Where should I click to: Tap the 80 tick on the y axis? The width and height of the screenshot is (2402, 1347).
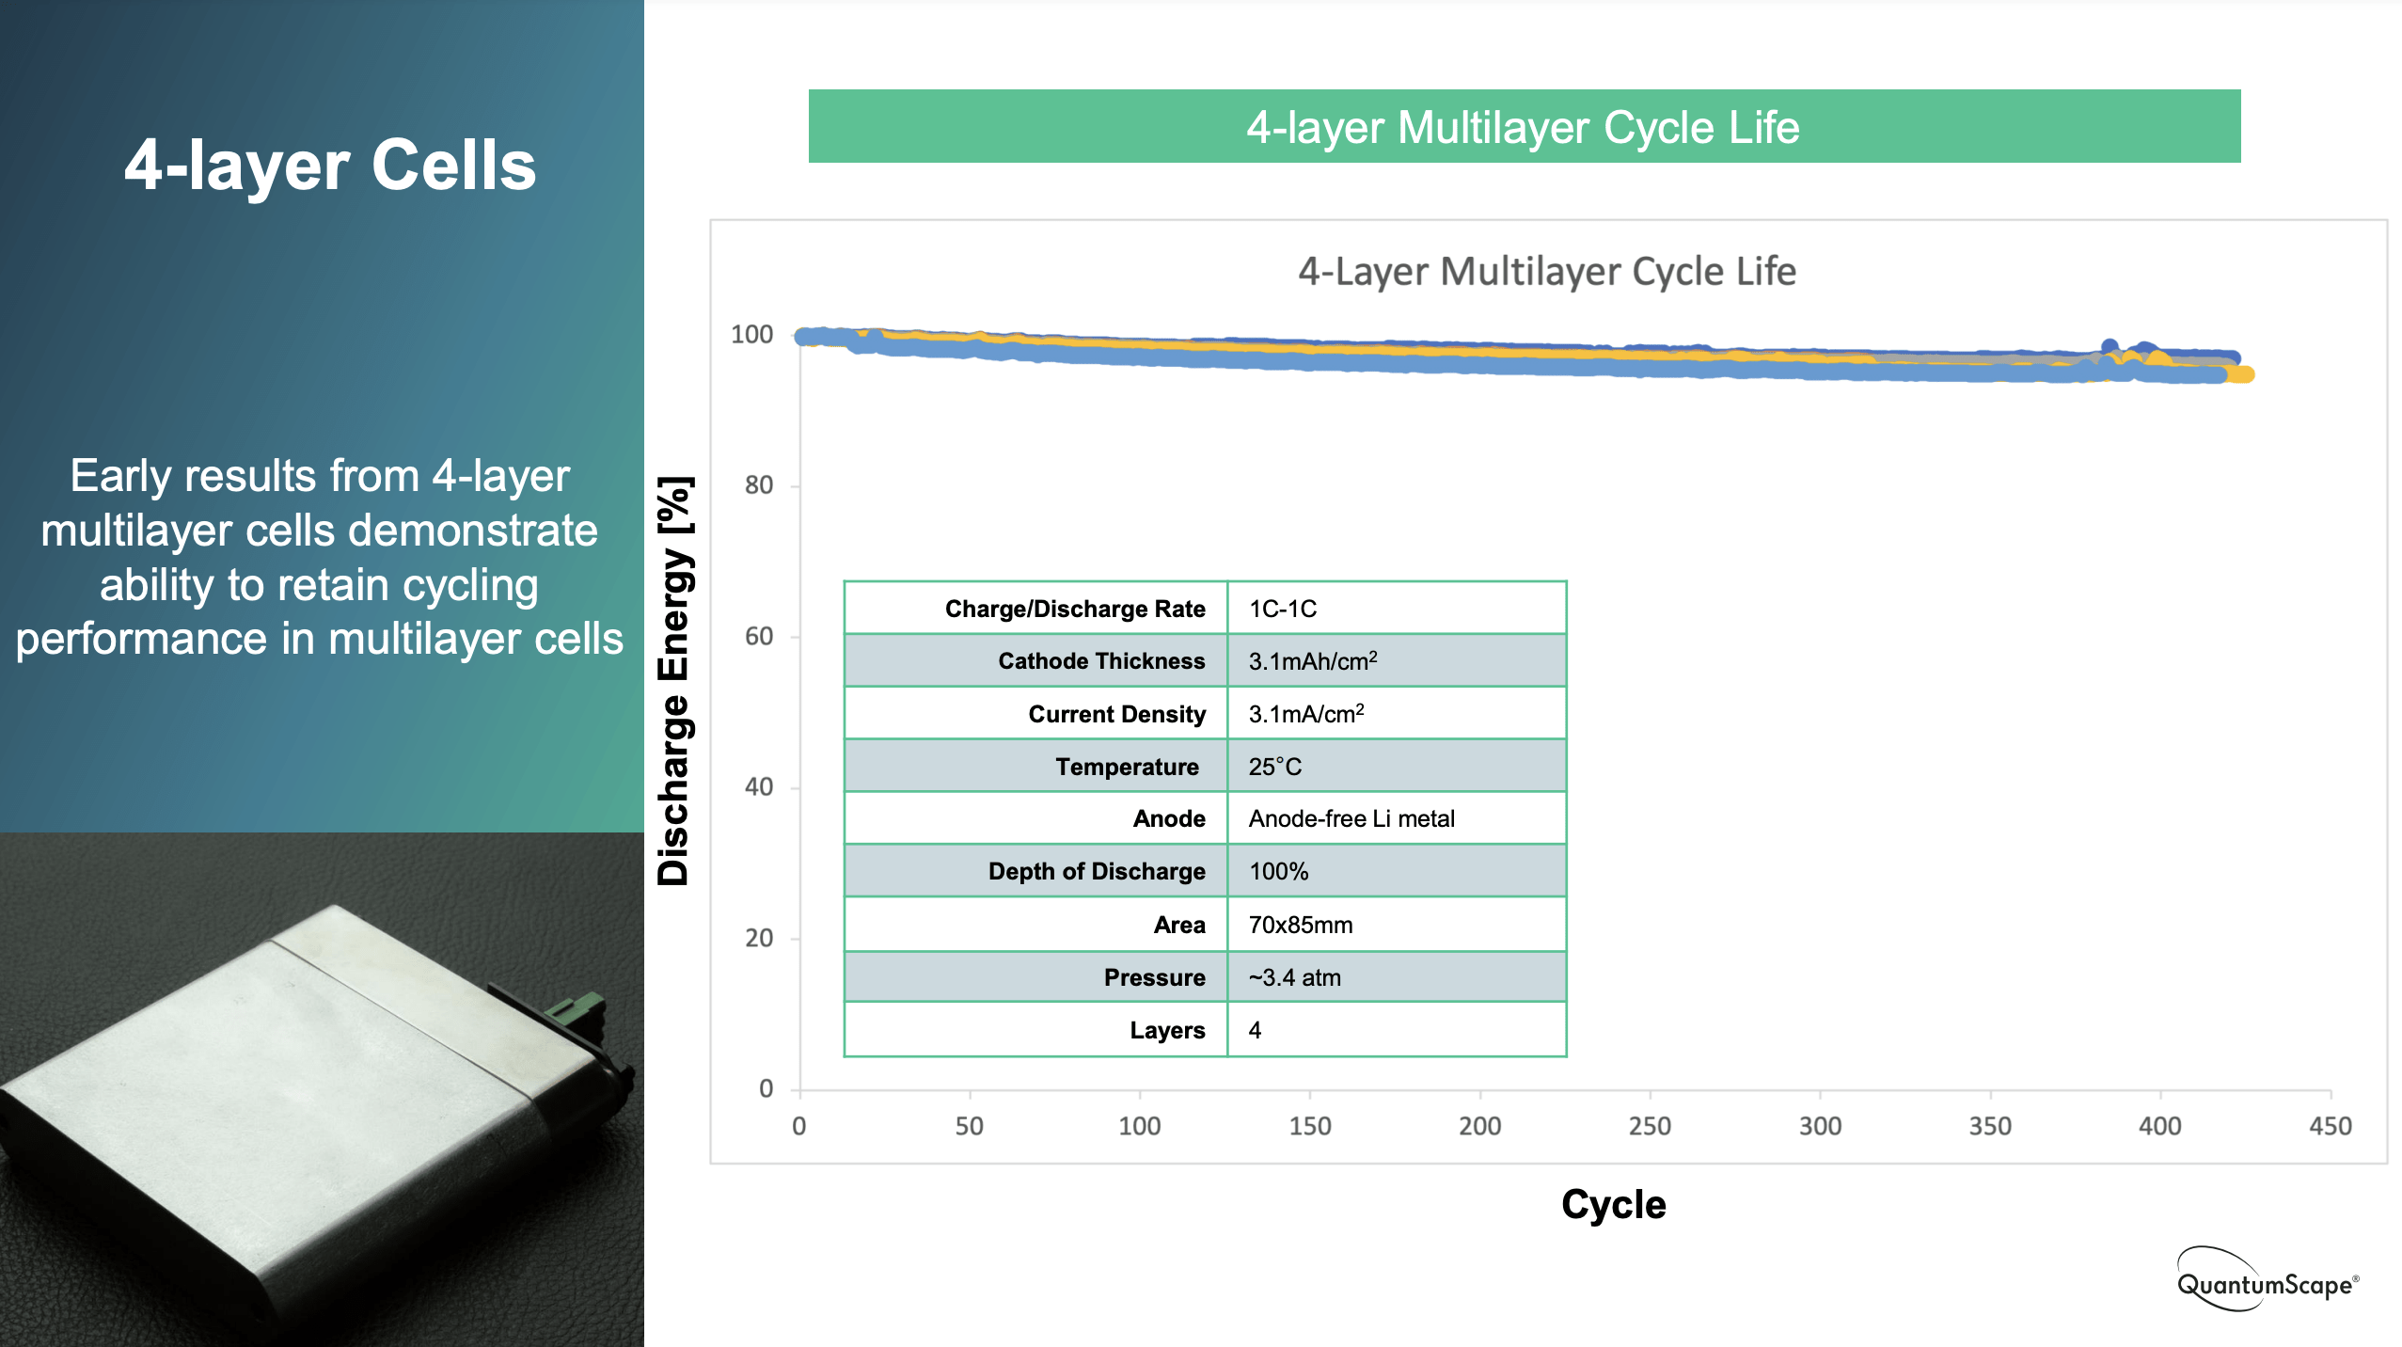759,485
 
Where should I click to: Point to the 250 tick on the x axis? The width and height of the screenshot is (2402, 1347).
1650,1126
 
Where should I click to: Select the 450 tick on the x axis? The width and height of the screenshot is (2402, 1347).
2330,1126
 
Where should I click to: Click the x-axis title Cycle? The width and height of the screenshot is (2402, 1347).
1613,1205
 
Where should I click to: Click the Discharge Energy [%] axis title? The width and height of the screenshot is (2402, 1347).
674,681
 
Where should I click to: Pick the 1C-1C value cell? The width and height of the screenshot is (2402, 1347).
1282,609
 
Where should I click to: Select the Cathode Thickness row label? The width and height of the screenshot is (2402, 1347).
1100,661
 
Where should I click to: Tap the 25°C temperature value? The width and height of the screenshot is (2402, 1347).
1274,767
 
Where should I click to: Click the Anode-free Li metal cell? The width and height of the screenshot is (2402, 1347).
1351,819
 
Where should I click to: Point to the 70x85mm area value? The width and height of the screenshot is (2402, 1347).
1300,925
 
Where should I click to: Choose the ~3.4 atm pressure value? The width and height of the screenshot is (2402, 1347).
1294,977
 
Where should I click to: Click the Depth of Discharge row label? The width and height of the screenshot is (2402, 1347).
1096,872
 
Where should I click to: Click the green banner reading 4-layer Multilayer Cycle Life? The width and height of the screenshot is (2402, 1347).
1524,127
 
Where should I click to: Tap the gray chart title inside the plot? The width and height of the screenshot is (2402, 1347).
1546,272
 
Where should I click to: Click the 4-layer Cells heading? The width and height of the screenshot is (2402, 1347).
330,166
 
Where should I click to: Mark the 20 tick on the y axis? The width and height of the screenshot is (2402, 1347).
759,938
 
